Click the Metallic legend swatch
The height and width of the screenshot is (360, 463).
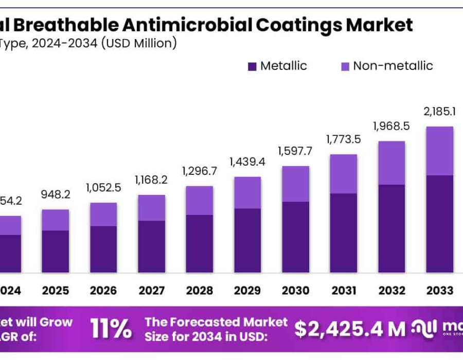252,66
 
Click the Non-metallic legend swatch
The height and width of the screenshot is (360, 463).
345,66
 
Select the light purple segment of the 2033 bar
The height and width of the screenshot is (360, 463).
439,151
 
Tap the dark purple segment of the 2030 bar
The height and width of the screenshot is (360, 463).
295,237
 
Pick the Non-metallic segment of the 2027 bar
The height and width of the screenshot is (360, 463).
151,208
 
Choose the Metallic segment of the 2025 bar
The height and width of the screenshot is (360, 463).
56,251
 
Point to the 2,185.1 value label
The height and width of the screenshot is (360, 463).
439,111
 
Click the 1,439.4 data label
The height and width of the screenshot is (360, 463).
247,163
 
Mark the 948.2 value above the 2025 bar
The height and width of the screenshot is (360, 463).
56,195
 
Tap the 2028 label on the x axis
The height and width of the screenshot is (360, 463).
199,291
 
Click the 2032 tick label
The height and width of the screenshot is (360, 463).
391,291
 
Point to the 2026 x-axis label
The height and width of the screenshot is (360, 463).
103,291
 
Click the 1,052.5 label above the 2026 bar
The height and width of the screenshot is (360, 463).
103,188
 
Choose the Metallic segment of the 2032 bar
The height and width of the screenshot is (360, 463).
391,228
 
